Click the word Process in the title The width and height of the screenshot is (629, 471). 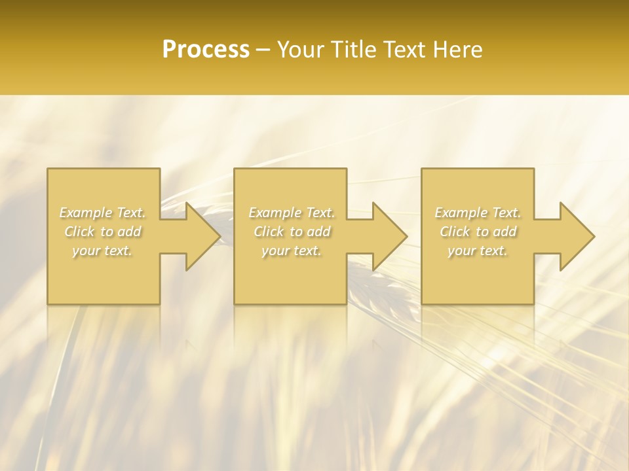[x=206, y=50]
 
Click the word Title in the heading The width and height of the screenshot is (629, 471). [x=351, y=50]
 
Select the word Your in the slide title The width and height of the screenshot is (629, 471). [x=299, y=50]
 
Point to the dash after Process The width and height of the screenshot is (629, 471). [x=263, y=50]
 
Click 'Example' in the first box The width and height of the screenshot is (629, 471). [x=86, y=213]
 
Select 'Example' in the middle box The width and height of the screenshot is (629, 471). [x=275, y=213]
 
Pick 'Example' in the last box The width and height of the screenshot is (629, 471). [x=461, y=213]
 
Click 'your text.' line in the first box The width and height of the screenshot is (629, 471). [x=103, y=251]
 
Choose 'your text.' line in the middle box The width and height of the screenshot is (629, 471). [x=292, y=251]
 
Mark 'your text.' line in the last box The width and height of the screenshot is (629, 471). [x=478, y=251]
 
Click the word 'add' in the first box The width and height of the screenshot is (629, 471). [x=129, y=232]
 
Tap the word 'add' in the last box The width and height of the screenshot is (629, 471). [x=505, y=232]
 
